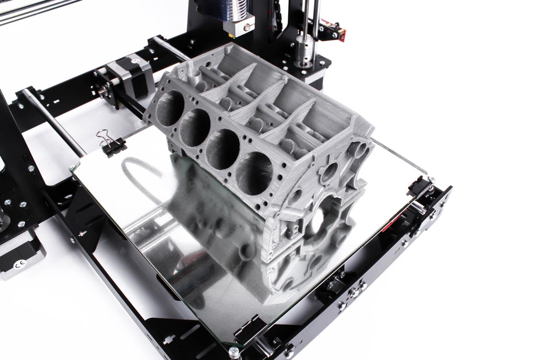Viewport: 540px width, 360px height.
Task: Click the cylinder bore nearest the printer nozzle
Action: point(170,108)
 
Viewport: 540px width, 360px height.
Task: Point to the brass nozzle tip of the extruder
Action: point(232,35)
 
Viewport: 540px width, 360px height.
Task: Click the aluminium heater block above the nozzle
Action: point(239,26)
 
